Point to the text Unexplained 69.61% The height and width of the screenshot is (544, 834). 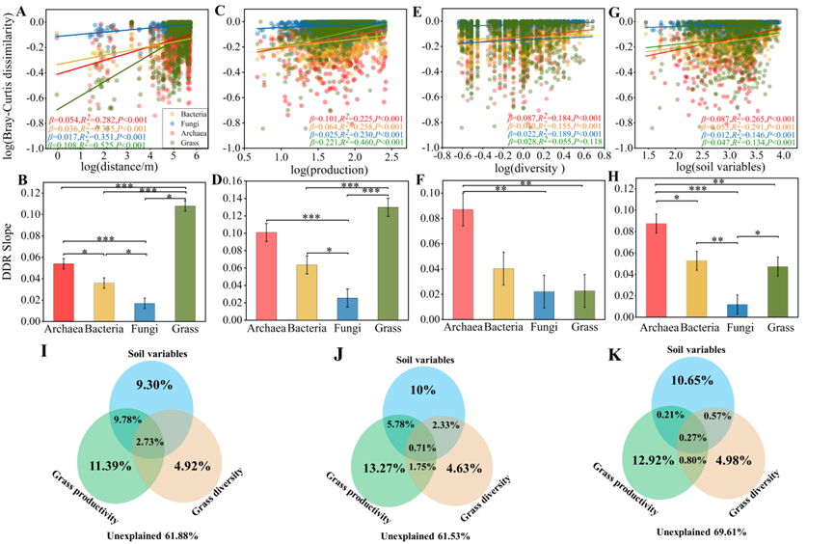pyautogui.click(x=702, y=530)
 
